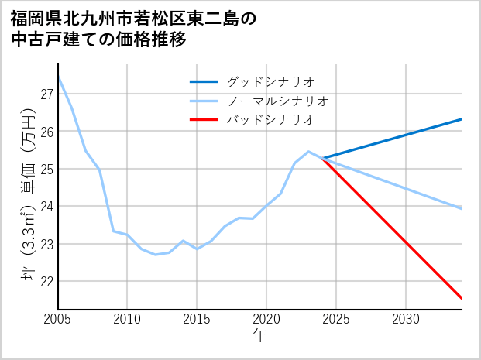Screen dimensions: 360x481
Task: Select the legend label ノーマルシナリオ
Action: coord(278,101)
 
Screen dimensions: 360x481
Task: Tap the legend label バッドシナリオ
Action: coord(271,120)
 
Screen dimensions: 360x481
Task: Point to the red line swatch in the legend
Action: coord(204,120)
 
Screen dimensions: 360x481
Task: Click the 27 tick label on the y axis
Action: coord(46,94)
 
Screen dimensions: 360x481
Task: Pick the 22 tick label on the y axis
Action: coord(46,281)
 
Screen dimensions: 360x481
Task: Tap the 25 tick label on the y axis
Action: coord(46,169)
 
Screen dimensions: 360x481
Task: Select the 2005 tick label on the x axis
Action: coord(58,319)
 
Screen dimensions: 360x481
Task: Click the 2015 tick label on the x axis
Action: coord(197,319)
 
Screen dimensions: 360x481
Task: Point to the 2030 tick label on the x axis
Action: coord(406,319)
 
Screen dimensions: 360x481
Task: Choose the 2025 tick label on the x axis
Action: coord(336,319)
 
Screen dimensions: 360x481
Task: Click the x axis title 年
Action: coord(259,336)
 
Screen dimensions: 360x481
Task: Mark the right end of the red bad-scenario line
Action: coord(461,297)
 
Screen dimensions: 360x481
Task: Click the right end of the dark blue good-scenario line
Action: coord(461,119)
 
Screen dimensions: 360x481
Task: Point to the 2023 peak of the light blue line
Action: coord(308,152)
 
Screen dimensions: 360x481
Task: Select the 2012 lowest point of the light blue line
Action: coord(155,255)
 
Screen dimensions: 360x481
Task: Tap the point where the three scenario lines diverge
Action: coord(323,158)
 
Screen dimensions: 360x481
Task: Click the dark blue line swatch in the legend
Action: coord(204,81)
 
